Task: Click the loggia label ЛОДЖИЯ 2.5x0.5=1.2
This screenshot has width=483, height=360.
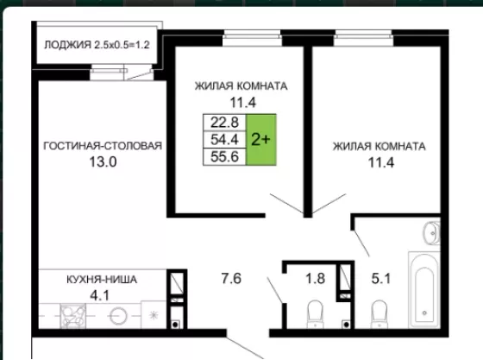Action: tap(97, 45)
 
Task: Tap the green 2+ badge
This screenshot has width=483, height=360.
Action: tap(260, 140)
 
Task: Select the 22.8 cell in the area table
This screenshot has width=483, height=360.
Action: tap(224, 123)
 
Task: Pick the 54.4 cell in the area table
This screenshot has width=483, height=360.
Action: tap(224, 140)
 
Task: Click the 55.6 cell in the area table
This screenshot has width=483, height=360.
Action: tap(224, 156)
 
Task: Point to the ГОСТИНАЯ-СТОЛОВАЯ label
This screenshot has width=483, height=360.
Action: tap(103, 146)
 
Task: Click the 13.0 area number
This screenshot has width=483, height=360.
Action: tap(103, 161)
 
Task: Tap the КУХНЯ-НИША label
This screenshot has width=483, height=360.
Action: tap(102, 280)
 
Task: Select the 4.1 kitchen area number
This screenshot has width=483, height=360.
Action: tap(99, 295)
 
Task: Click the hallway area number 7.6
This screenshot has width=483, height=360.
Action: tap(231, 278)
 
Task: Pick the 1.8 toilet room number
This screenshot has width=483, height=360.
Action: tap(315, 278)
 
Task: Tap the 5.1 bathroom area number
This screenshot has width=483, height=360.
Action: tap(381, 278)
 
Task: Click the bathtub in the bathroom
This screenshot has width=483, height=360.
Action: tap(424, 289)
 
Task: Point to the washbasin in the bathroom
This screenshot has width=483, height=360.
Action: tap(432, 233)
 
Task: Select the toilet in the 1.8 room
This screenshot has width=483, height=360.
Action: tap(315, 313)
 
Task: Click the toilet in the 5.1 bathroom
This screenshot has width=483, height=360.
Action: tap(379, 313)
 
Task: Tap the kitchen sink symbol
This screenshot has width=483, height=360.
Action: tap(73, 316)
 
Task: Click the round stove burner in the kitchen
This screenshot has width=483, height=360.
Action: tap(119, 316)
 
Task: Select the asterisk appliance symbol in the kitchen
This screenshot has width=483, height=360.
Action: tap(154, 315)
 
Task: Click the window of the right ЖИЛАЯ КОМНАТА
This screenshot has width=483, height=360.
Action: tap(363, 38)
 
